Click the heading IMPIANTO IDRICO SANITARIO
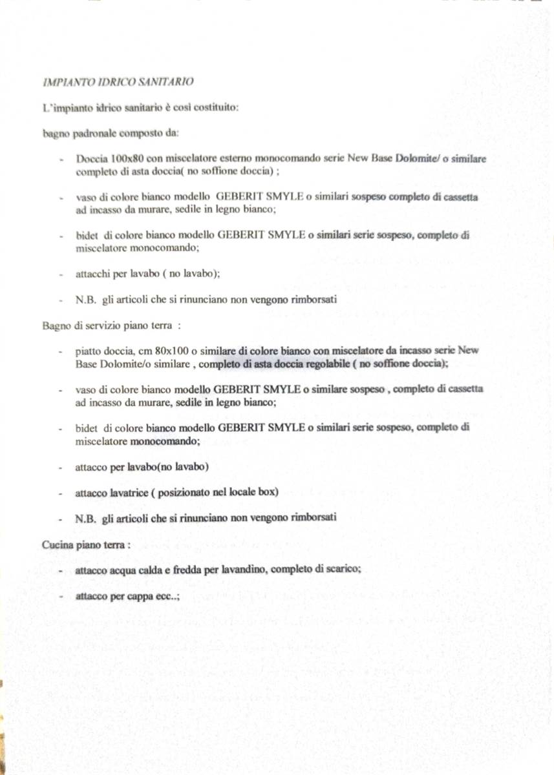click(118, 82)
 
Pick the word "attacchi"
click(90, 274)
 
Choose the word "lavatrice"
click(127, 492)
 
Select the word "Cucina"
click(56, 545)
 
